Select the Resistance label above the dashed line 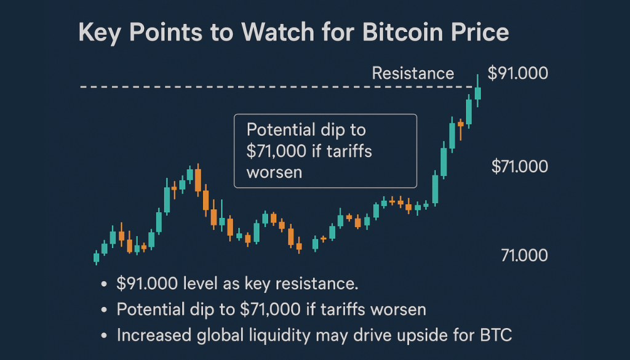413,74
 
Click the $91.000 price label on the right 517,74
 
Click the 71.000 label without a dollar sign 525,255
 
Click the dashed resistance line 246,88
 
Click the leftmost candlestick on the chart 96,257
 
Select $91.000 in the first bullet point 146,284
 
